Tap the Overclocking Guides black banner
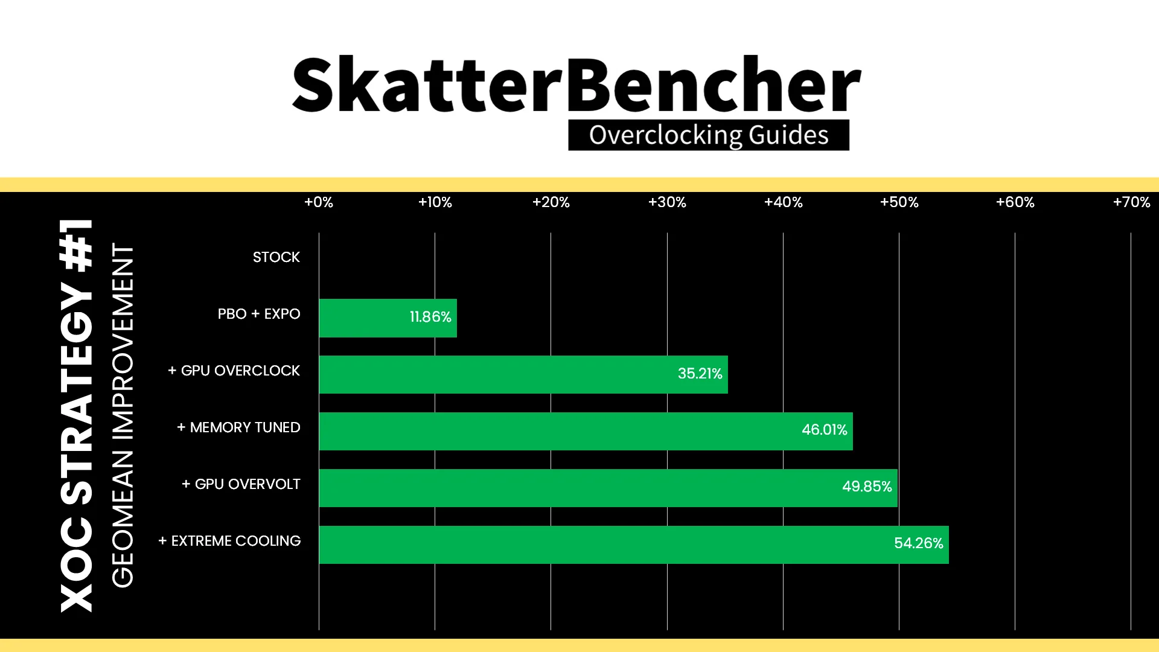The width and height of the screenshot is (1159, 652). pyautogui.click(x=709, y=135)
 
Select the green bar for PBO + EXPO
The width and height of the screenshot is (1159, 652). pyautogui.click(x=388, y=318)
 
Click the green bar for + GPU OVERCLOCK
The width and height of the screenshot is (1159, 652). pyautogui.click(x=523, y=374)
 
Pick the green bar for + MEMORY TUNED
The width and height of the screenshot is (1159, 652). pyautogui.click(x=586, y=431)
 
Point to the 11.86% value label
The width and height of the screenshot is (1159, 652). pyautogui.click(x=430, y=317)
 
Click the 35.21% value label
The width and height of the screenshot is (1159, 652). pyautogui.click(x=700, y=374)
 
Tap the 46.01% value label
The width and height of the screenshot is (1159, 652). pyautogui.click(x=824, y=430)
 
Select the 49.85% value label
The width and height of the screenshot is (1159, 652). pyautogui.click(x=867, y=487)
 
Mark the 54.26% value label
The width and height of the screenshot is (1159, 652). pyautogui.click(x=918, y=543)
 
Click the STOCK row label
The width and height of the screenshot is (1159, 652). pyautogui.click(x=276, y=257)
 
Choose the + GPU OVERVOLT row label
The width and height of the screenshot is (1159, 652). pyautogui.click(x=241, y=484)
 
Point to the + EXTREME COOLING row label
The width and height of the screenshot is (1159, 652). pyautogui.click(x=229, y=541)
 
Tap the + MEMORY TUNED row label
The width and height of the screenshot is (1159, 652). pyautogui.click(x=238, y=427)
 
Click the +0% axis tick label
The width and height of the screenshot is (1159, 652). pyautogui.click(x=319, y=202)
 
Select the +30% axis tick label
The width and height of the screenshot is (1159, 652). pyautogui.click(x=667, y=202)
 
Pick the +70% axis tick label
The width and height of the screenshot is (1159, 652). pyautogui.click(x=1131, y=202)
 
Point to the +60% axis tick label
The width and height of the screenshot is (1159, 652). pyautogui.click(x=1015, y=202)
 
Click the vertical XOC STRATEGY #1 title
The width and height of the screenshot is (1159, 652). pyautogui.click(x=77, y=415)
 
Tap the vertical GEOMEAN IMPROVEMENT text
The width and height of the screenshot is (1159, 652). pyautogui.click(x=123, y=415)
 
